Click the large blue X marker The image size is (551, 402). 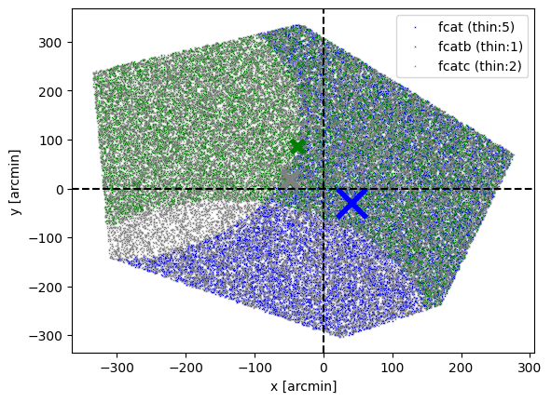point(351,204)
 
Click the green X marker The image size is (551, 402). point(298,147)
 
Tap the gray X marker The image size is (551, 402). point(290,180)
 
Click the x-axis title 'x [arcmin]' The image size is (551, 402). point(304,386)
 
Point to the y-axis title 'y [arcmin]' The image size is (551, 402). point(16,182)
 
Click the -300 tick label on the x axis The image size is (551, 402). point(117,368)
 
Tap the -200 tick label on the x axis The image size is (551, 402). point(186,368)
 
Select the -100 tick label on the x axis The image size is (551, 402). point(255,368)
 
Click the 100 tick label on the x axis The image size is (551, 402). point(393,368)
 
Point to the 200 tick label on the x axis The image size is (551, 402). point(461,368)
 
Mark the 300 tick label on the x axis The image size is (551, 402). point(530,368)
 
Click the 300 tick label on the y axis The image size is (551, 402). point(50,43)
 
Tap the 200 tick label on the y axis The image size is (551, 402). point(50,91)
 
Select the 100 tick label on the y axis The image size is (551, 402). point(50,141)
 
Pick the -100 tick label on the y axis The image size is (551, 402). point(46,238)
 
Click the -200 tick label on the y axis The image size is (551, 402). point(46,288)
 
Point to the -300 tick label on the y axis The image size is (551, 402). point(46,337)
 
